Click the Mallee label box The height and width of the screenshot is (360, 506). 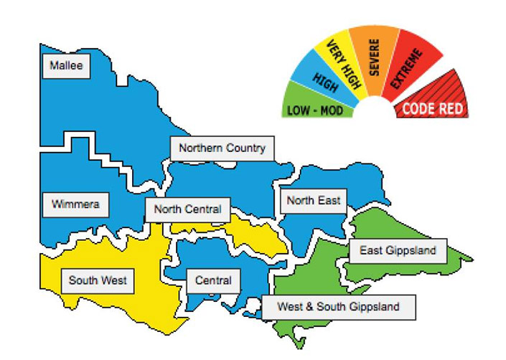tap(67, 67)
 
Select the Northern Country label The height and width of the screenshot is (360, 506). tap(222, 148)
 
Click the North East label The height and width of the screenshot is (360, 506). tap(313, 200)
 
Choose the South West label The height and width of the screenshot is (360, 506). tap(98, 280)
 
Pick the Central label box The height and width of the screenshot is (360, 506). tap(214, 280)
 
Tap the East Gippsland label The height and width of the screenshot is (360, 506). tap(398, 251)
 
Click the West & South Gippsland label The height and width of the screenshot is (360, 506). tap(339, 308)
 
